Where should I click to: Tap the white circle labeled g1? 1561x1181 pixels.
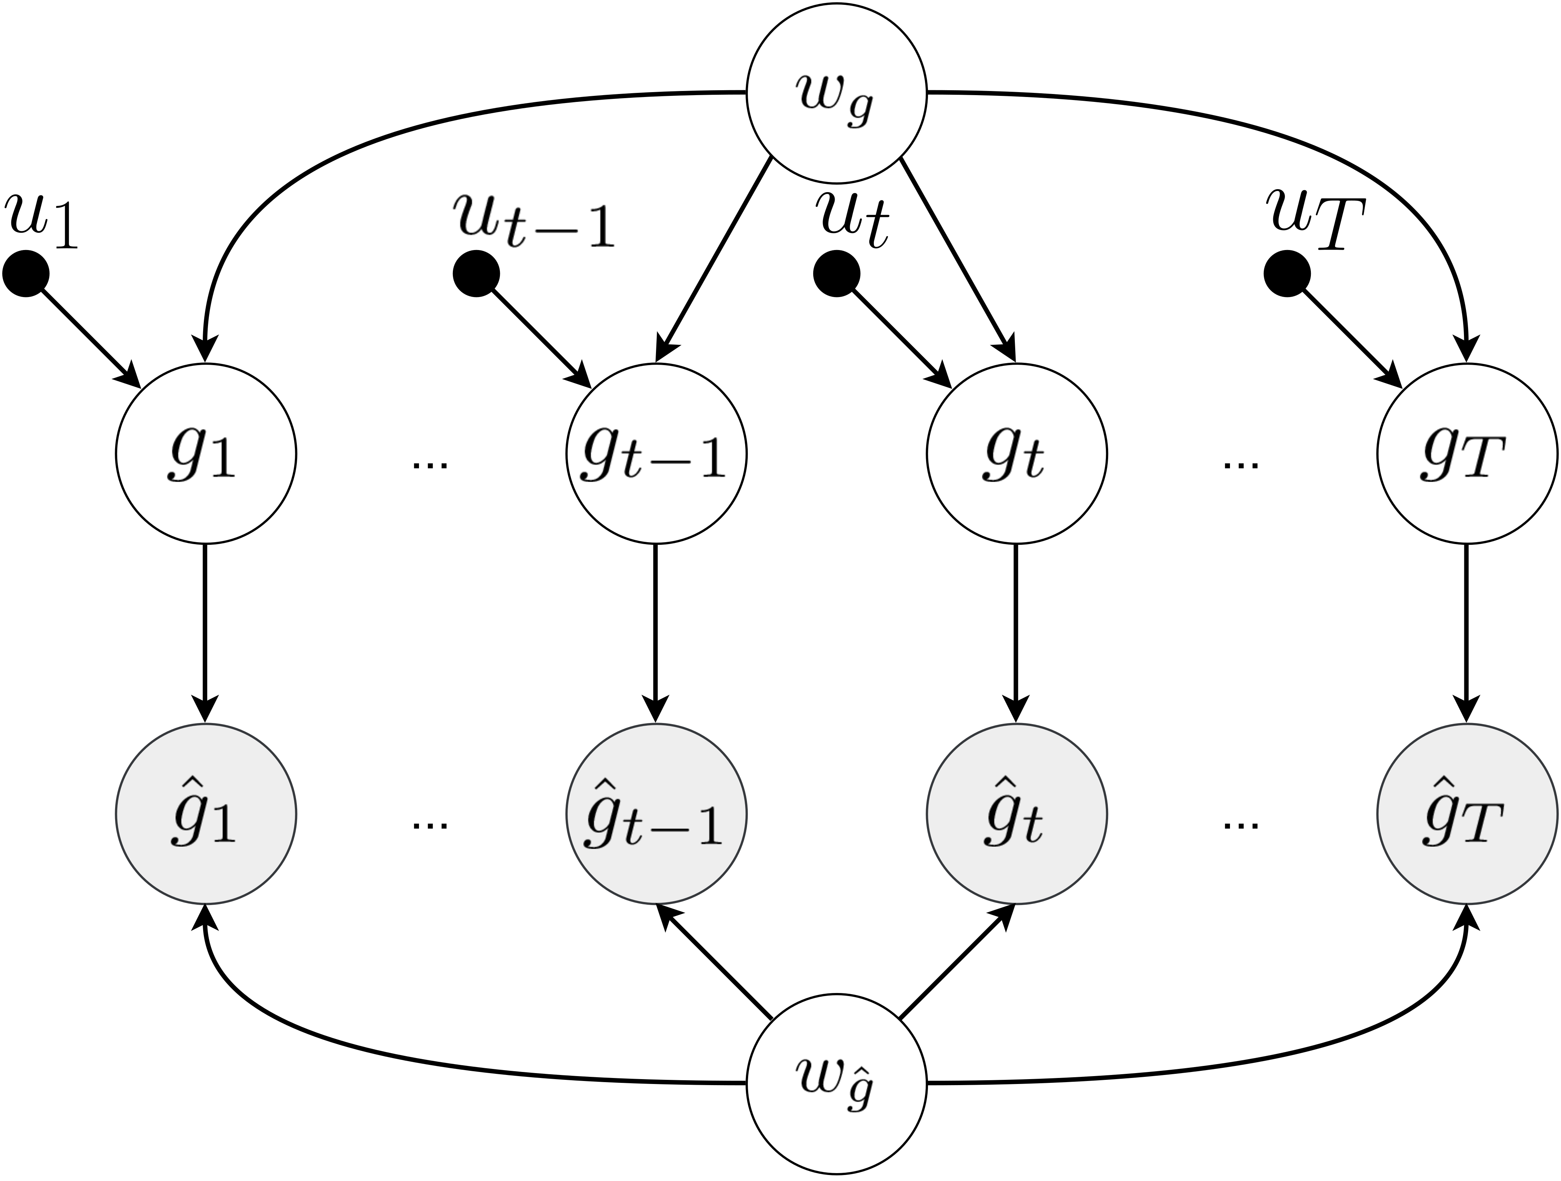point(205,453)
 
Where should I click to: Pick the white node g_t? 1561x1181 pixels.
point(1016,453)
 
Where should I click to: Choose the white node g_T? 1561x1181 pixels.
point(1467,453)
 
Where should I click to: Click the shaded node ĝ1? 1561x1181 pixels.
point(205,813)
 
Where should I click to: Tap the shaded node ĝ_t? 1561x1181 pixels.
point(1016,813)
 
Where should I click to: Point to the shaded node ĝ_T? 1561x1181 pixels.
point(1467,813)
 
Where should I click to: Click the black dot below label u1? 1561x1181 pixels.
point(26,274)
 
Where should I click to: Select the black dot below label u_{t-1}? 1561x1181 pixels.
point(476,274)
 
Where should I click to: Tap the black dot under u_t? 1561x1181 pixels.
point(836,274)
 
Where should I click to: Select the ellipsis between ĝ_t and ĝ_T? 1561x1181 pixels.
point(1241,824)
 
